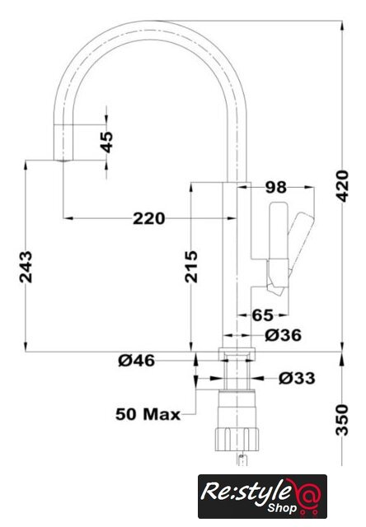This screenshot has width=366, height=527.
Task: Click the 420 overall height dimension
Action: [343, 186]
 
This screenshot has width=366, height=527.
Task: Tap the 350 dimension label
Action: [343, 420]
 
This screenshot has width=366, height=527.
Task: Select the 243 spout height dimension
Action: [26, 267]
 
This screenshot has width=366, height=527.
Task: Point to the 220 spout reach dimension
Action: [149, 218]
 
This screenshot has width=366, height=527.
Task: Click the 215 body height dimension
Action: [191, 267]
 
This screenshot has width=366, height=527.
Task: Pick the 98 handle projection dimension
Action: [276, 187]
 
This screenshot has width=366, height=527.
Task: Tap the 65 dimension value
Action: [262, 315]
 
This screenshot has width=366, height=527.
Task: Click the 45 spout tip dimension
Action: [106, 142]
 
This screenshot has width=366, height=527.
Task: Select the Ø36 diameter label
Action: [283, 335]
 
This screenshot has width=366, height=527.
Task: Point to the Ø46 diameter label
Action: [137, 361]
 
